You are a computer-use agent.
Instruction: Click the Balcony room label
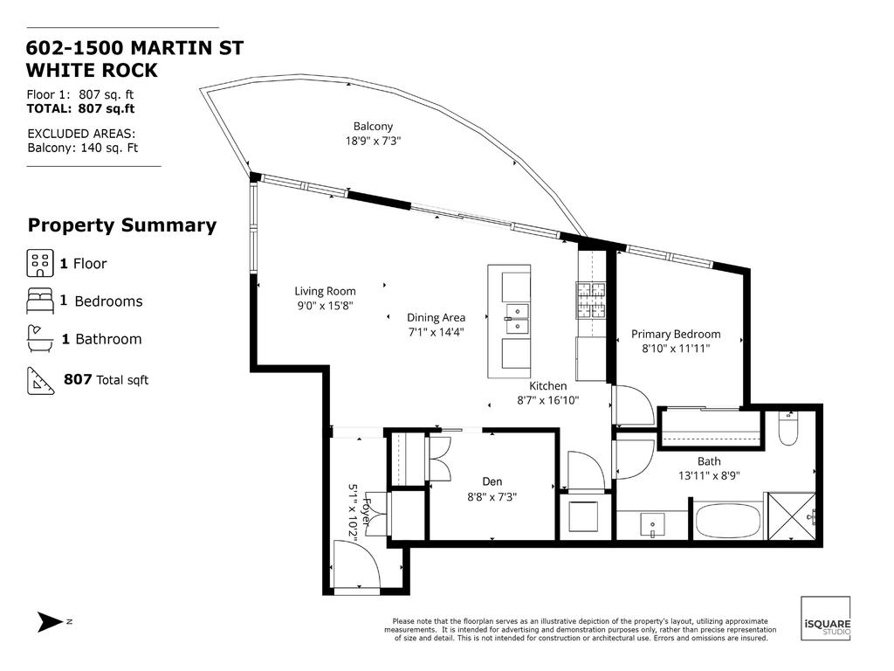[x=373, y=126]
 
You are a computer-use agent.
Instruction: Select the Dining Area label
[x=436, y=318]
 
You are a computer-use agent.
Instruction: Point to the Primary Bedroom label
[x=676, y=334]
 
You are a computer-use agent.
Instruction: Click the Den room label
[x=492, y=481]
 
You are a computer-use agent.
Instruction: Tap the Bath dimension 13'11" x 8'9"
[x=709, y=476]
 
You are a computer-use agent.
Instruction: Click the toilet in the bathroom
[x=787, y=428]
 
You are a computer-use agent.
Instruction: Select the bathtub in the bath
[x=728, y=519]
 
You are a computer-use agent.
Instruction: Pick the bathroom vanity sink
[x=652, y=524]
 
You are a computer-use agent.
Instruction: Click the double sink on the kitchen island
[x=517, y=319]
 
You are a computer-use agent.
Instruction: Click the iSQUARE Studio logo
[x=825, y=619]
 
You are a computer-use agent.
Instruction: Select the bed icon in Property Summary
[x=40, y=301]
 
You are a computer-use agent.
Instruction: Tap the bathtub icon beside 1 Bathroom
[x=40, y=338]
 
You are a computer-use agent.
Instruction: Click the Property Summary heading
[x=122, y=225]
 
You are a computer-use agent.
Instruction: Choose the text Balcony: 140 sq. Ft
[x=83, y=148]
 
